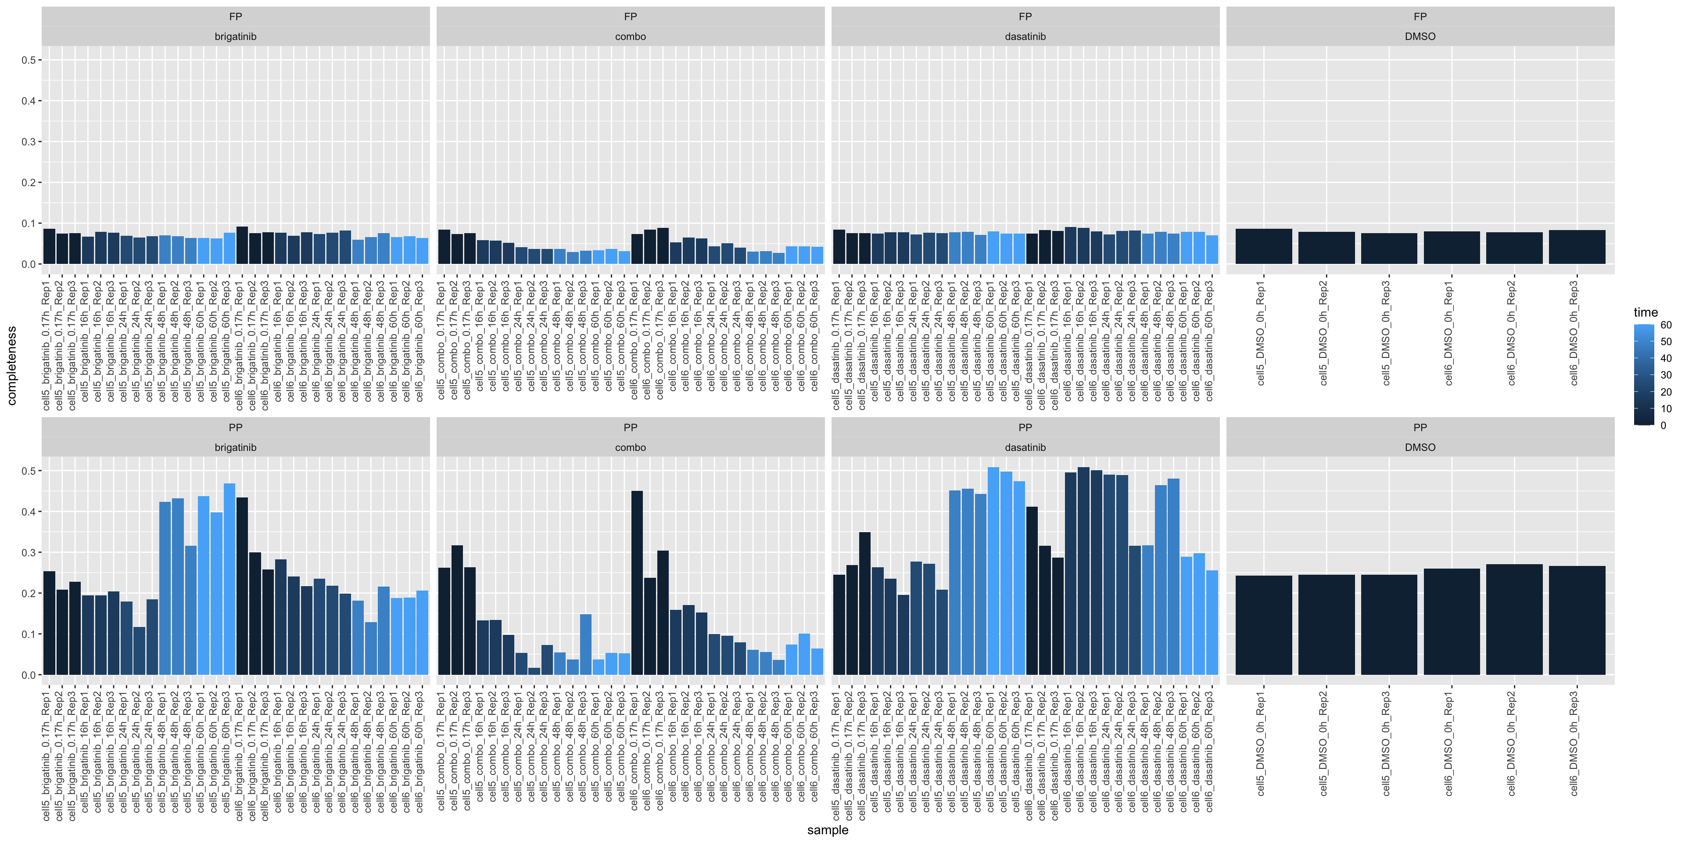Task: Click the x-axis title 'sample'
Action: click(x=828, y=830)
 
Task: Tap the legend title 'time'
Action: click(x=1646, y=312)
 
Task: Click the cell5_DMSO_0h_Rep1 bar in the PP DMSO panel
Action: click(x=1263, y=625)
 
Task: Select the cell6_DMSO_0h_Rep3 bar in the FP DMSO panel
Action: click(x=1577, y=247)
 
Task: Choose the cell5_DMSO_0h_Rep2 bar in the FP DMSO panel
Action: click(x=1326, y=248)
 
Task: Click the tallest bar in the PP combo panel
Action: click(x=636, y=583)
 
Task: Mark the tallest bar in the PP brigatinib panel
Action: click(x=229, y=579)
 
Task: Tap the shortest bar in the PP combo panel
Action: click(x=534, y=671)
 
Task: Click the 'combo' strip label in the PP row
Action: click(x=630, y=448)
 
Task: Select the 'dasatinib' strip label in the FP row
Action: click(x=1025, y=36)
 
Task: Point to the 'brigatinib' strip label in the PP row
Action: click(x=236, y=448)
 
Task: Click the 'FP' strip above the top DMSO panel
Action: click(x=1420, y=16)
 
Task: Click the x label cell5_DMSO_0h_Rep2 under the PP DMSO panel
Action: click(x=1324, y=743)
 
